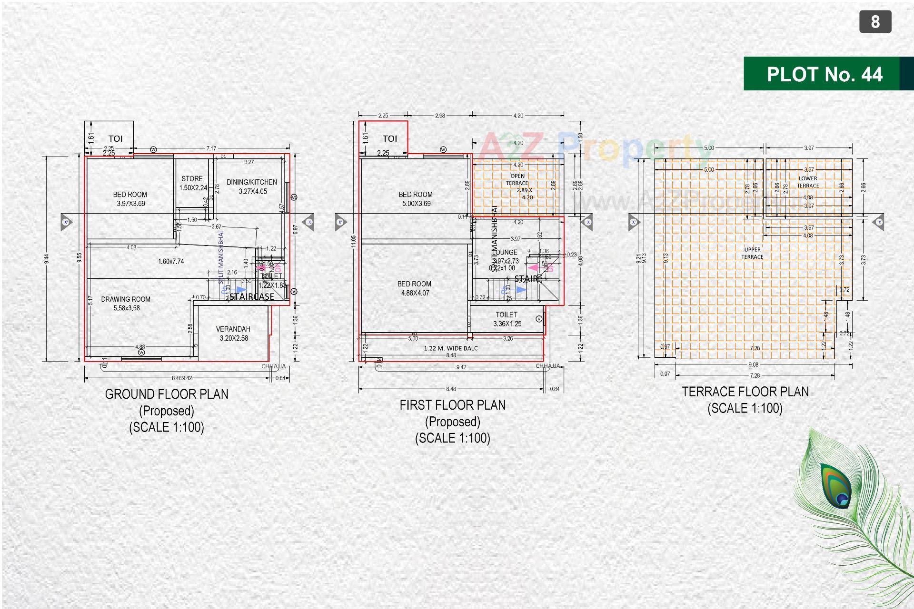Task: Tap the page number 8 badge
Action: (x=875, y=22)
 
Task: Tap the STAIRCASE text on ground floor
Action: (x=252, y=297)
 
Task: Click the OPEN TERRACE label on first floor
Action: (x=517, y=179)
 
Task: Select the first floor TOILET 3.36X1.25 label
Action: (x=507, y=319)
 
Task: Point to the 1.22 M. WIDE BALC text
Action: (x=450, y=348)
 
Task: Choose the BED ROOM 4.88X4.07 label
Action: (x=415, y=288)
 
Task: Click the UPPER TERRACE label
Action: (x=752, y=253)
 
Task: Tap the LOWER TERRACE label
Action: (x=808, y=182)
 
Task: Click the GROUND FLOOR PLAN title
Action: (x=167, y=394)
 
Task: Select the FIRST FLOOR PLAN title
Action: (x=452, y=405)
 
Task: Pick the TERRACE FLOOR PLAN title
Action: (x=745, y=392)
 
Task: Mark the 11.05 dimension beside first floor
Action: (x=353, y=241)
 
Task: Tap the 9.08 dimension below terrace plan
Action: (x=753, y=365)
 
